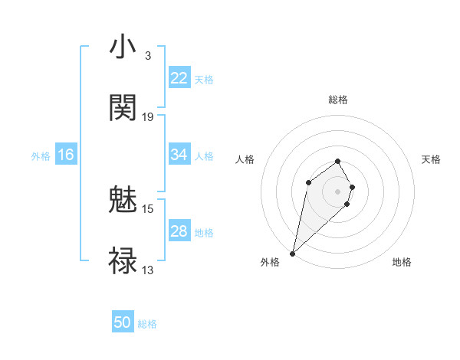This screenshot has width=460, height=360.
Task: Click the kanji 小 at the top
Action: [x=123, y=47]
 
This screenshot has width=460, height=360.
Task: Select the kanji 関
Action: [x=123, y=108]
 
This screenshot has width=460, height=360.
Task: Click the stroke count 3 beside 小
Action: [x=147, y=56]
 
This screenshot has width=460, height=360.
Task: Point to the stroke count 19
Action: [x=148, y=117]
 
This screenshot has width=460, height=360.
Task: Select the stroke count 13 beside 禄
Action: [x=148, y=270]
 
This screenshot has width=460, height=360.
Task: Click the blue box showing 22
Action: [x=179, y=78]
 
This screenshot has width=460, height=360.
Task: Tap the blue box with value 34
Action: [x=179, y=155]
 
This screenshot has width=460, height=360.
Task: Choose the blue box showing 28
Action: [x=179, y=231]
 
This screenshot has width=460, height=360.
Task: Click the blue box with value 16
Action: [x=66, y=155]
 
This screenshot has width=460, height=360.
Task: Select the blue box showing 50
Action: [x=123, y=323]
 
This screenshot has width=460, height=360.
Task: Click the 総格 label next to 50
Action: [x=147, y=324]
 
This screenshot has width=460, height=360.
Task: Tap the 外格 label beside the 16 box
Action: [x=41, y=155]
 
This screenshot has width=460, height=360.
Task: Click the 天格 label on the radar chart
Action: [x=431, y=159]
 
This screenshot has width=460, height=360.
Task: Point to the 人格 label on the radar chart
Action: [x=245, y=159]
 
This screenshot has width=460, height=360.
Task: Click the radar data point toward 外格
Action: [x=293, y=253]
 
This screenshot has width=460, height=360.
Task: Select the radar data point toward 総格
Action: [x=337, y=161]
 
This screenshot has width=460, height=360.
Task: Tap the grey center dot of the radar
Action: [x=337, y=191]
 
